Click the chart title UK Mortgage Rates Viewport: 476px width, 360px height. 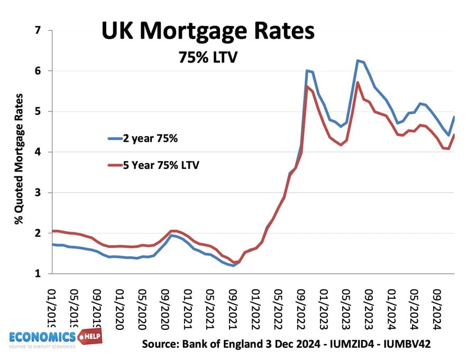208,32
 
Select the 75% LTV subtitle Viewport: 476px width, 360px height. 207,57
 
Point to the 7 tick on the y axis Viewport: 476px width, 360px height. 37,31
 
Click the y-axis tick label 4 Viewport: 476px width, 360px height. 37,152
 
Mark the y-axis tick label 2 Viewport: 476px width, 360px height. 37,233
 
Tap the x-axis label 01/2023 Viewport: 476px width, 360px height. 323,307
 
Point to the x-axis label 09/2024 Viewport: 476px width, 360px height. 436,307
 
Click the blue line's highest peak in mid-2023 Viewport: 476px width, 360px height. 358,61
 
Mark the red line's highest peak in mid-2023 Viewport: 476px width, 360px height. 358,82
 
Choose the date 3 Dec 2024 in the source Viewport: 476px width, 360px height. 287,344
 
